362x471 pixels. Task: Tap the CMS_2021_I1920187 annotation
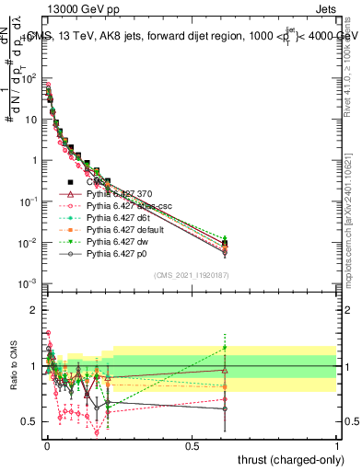point(192,275)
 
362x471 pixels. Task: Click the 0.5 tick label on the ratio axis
point(30,421)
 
